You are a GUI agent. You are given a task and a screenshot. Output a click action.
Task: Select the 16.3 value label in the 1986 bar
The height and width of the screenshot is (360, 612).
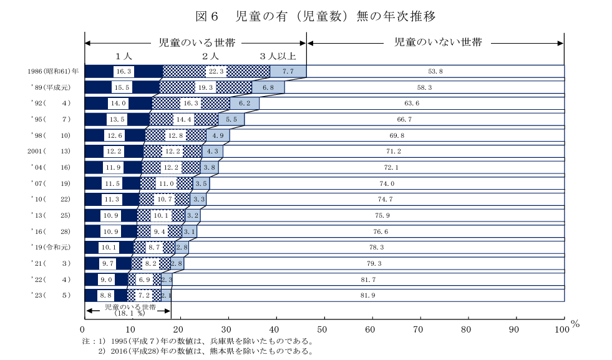pos(124,71)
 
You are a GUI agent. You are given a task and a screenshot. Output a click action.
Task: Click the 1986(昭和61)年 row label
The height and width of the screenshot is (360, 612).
pos(52,71)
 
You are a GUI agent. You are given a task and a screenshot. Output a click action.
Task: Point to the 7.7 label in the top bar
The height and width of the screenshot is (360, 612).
pos(288,71)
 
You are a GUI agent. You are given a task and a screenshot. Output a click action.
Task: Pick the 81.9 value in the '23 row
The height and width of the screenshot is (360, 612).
pos(367,295)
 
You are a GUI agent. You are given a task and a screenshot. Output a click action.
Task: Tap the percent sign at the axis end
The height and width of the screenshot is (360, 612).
pos(575,324)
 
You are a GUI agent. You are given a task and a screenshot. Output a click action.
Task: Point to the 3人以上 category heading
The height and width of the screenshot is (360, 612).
pos(278,57)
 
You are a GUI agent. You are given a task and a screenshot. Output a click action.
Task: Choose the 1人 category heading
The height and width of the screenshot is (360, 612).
pos(124,57)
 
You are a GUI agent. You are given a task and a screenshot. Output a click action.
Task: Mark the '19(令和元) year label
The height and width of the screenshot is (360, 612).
pos(52,246)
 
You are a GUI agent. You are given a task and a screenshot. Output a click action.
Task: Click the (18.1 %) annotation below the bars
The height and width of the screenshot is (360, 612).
pos(129,314)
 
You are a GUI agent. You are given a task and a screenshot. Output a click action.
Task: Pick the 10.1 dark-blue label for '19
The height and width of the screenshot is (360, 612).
pos(109,247)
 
